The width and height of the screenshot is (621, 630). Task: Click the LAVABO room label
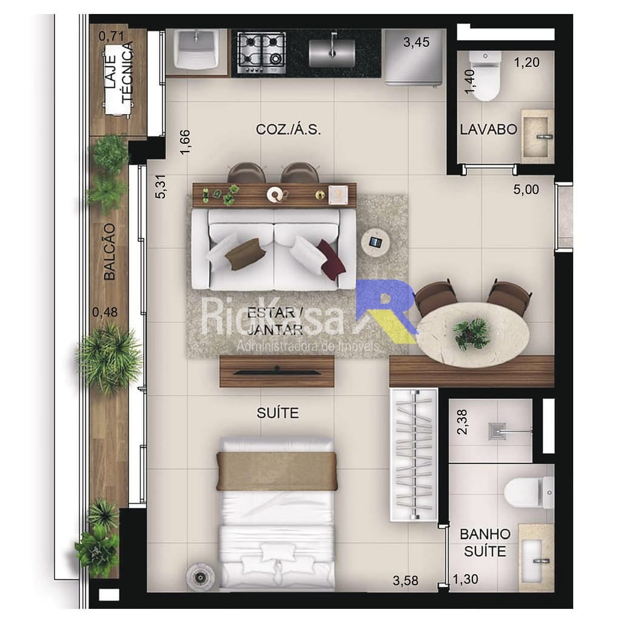(488, 129)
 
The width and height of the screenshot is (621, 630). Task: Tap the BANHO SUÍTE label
(485, 543)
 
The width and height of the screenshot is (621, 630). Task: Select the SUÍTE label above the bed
(278, 413)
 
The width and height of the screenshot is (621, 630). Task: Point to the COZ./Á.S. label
(288, 129)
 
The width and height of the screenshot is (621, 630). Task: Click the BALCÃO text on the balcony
(109, 252)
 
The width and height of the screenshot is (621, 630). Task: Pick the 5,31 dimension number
(161, 186)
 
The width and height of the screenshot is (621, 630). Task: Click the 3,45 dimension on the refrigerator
(417, 42)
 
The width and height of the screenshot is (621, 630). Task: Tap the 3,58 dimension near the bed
(405, 580)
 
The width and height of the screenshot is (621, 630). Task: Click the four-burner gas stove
(261, 53)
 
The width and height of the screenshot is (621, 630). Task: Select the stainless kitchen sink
(332, 52)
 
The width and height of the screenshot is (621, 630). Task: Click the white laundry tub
(196, 50)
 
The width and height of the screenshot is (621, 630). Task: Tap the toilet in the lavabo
(485, 76)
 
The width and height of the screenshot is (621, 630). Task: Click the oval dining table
(472, 334)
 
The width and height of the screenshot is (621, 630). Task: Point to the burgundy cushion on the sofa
(331, 259)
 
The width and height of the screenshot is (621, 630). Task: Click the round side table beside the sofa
(375, 243)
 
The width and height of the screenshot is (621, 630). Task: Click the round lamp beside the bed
(200, 577)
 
